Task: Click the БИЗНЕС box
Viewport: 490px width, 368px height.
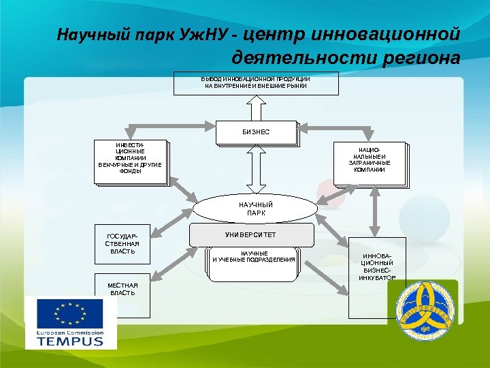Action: [257, 132]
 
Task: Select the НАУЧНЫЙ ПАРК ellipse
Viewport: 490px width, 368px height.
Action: [255, 209]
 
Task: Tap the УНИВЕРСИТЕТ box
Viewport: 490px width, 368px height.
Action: [252, 234]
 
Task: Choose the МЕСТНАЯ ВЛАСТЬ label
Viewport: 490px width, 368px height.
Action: [122, 288]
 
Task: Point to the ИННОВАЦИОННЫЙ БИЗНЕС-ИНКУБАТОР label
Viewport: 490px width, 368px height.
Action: [377, 266]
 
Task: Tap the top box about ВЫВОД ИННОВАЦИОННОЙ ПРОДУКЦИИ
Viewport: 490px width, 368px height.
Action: [256, 83]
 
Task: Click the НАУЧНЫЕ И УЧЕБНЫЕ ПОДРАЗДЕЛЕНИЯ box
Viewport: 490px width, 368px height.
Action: [254, 258]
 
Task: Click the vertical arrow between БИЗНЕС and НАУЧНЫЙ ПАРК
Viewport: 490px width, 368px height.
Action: [256, 170]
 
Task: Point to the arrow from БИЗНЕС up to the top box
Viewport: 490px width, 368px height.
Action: [256, 108]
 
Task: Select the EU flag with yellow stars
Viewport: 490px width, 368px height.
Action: [70, 314]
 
